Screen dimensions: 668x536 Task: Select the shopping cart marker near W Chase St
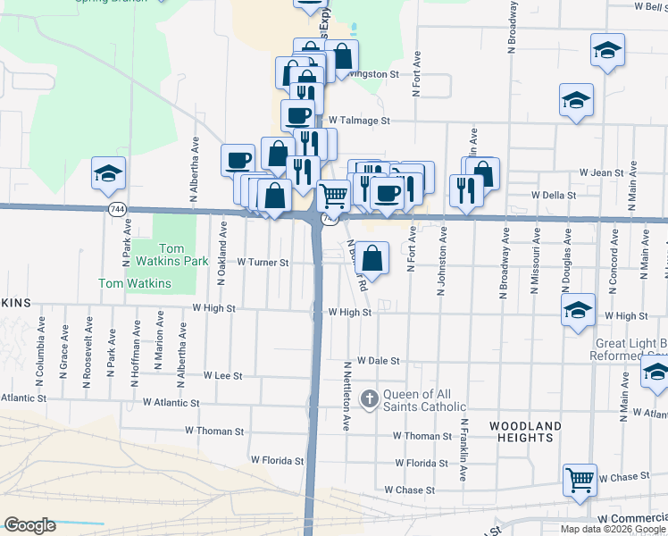click(580, 482)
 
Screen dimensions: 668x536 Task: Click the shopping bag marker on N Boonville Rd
click(375, 259)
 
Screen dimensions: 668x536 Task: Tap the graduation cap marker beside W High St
click(578, 309)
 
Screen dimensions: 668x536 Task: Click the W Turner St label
click(263, 263)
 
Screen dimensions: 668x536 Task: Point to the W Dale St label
click(378, 360)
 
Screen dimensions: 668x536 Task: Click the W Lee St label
click(223, 376)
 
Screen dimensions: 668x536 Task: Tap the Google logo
click(29, 525)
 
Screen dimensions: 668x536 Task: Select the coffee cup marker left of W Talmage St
click(297, 115)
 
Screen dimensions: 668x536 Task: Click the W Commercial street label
click(632, 518)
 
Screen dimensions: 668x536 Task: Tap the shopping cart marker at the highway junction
click(333, 194)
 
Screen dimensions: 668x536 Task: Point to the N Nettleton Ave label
click(347, 397)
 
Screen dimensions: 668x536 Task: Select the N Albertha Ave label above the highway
click(194, 168)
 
